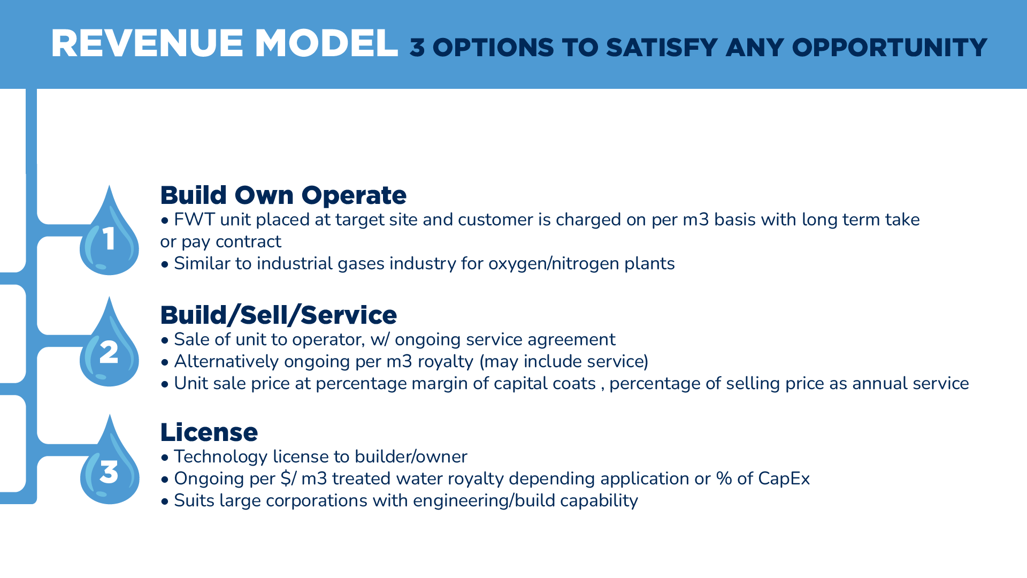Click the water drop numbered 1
[x=109, y=235]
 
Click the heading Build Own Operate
[x=283, y=195]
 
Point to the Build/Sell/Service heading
[x=278, y=315]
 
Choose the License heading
[x=209, y=432]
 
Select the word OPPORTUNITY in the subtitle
[x=890, y=48]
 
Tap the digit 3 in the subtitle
[x=417, y=48]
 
